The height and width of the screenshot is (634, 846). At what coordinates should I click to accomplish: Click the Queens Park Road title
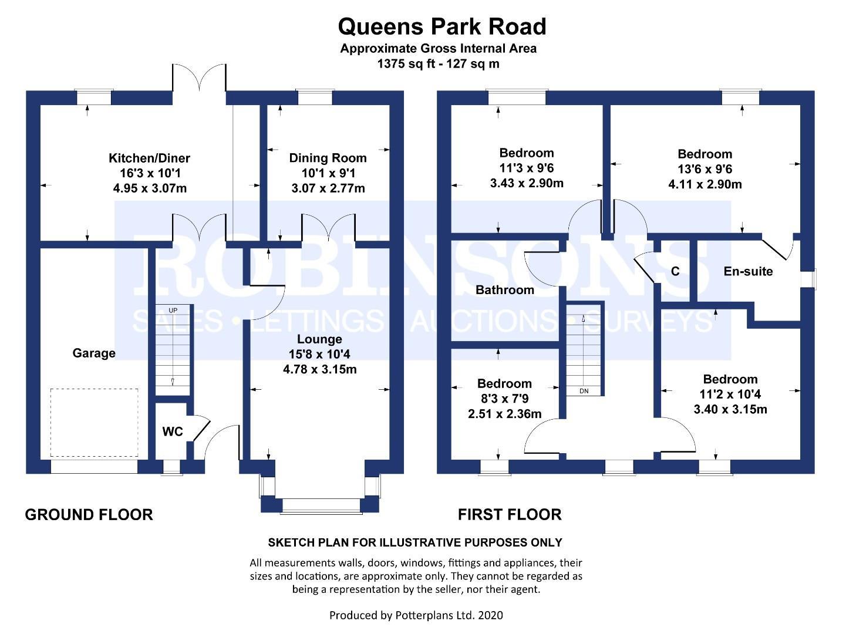441,27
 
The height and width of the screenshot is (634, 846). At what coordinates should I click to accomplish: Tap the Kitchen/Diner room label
149,158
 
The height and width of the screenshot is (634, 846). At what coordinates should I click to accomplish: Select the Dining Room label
328,158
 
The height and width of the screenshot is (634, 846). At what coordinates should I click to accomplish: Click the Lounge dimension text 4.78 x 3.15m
319,369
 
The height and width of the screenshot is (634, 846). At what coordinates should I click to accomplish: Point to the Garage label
94,353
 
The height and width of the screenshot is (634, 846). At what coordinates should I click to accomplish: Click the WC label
173,431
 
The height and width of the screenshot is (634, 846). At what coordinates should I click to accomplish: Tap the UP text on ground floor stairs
173,310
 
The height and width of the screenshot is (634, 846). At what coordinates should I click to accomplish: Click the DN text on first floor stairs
584,391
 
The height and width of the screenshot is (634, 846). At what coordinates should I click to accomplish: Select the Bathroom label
504,289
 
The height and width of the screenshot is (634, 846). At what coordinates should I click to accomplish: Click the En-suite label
748,271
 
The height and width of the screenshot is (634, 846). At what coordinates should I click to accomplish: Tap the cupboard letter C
675,271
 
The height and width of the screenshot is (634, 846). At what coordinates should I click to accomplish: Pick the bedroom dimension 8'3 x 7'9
504,399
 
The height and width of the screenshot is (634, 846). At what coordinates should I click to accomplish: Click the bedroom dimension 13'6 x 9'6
705,169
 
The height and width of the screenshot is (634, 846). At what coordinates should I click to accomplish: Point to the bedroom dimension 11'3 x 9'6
526,168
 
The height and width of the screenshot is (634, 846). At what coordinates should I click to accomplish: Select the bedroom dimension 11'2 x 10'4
730,394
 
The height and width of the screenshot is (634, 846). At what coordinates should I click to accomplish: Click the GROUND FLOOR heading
89,515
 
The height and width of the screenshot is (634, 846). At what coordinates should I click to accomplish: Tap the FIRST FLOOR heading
510,515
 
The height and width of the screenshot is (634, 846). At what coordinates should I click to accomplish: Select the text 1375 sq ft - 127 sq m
438,64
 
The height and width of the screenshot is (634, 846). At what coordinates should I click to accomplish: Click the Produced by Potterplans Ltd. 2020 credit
416,615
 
